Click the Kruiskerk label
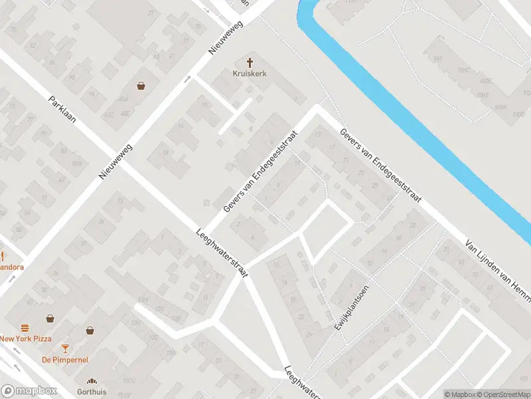250,74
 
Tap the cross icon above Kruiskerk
250,63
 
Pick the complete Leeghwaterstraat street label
222,253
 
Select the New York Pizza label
25,338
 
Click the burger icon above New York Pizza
25,328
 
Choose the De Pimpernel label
65,360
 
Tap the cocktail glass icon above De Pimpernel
65,348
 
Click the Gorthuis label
92,392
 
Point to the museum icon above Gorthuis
92,382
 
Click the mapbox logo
29,391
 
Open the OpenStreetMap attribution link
502,394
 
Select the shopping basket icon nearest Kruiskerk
141,85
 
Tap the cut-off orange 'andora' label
12,267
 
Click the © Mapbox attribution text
459,394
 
